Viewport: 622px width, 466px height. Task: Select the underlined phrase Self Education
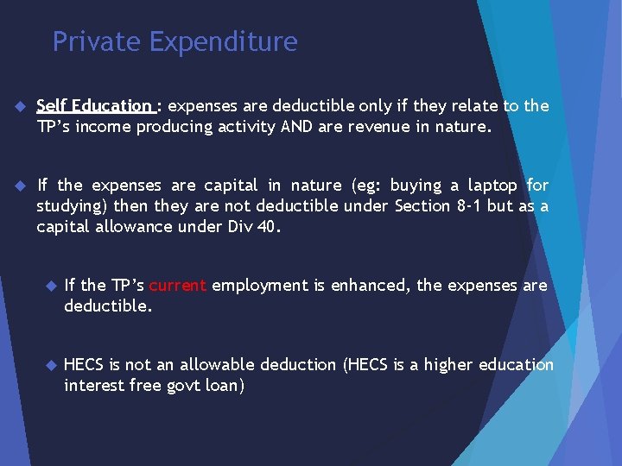click(94, 106)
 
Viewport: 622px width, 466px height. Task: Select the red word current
click(177, 285)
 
